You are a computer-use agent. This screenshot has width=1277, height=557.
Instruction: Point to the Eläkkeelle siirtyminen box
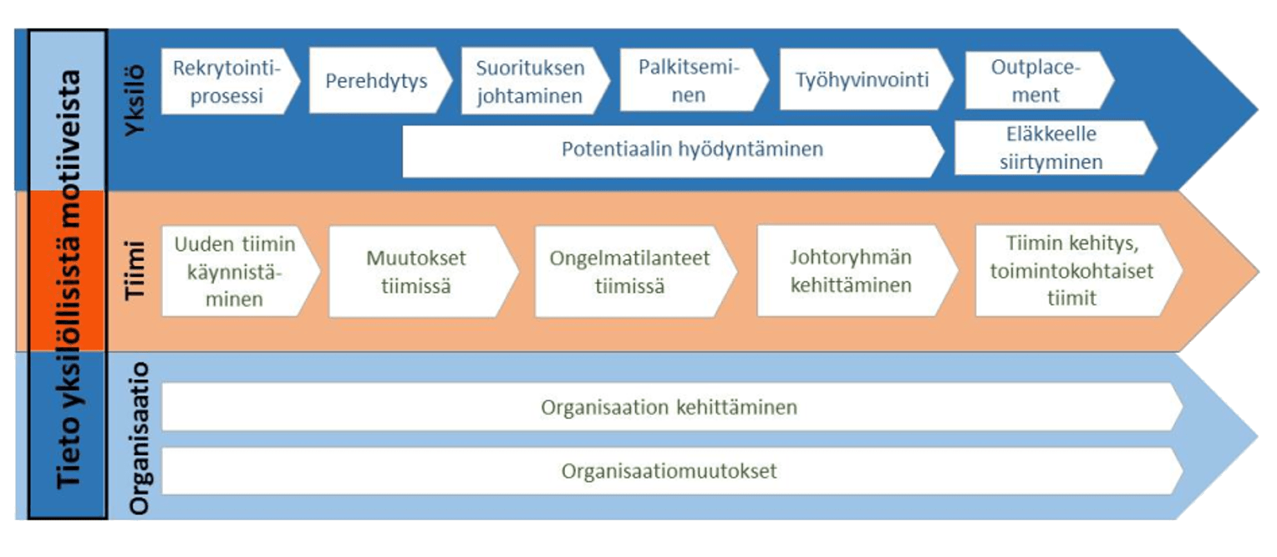pyautogui.click(x=1056, y=148)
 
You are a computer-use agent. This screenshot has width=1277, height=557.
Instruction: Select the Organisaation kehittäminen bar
pyautogui.click(x=672, y=407)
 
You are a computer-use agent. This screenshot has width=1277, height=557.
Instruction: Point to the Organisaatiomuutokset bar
pyautogui.click(x=672, y=471)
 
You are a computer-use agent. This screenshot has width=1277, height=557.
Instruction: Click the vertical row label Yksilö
pyautogui.click(x=135, y=100)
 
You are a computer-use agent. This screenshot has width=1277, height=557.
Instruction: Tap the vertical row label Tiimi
pyautogui.click(x=135, y=270)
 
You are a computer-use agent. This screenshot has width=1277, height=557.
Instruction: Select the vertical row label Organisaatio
pyautogui.click(x=139, y=438)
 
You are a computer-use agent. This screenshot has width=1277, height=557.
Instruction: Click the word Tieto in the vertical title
pyautogui.click(x=69, y=452)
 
